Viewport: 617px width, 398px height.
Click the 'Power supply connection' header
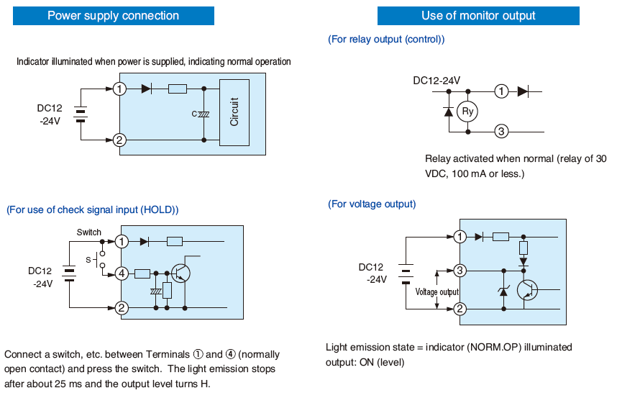(113, 16)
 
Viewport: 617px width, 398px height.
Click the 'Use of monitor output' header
(478, 16)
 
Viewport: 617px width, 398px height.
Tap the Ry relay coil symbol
(468, 112)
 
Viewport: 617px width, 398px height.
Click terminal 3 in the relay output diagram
(502, 131)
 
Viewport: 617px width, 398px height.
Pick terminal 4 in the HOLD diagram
(122, 273)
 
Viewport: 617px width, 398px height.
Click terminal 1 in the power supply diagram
(120, 89)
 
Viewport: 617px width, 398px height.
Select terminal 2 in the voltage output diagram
(460, 309)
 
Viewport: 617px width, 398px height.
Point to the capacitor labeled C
(204, 114)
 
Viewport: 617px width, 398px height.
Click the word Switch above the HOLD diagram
(89, 232)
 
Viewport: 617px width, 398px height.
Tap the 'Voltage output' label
(437, 292)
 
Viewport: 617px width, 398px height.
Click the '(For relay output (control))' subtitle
(386, 39)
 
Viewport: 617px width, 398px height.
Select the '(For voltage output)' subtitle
(372, 204)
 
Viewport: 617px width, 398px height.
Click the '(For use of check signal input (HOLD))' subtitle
(92, 209)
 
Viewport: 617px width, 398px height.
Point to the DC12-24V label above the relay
(437, 81)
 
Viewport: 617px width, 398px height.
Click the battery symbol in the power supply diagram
(81, 114)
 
